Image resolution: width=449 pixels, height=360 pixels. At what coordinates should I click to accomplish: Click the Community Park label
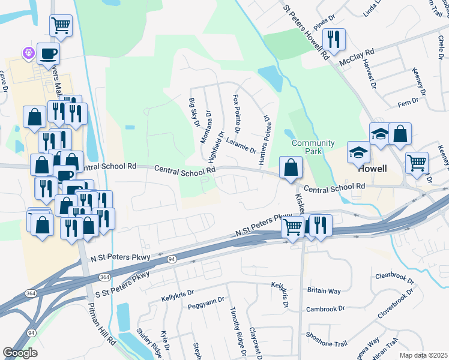tap(313, 147)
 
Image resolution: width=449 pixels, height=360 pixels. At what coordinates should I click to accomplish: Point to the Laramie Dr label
tap(241, 143)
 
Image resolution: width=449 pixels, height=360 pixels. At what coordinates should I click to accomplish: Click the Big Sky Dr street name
tap(193, 113)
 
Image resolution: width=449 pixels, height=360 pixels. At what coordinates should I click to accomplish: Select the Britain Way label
tap(324, 291)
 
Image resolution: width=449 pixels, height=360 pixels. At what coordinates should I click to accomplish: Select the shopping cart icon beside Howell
tap(417, 162)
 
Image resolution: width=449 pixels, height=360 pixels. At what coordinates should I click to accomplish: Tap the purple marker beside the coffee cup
tap(28, 53)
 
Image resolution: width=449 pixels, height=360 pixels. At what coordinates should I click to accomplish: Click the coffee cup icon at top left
tap(49, 53)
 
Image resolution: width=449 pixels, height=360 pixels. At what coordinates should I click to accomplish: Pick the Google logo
tap(20, 353)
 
